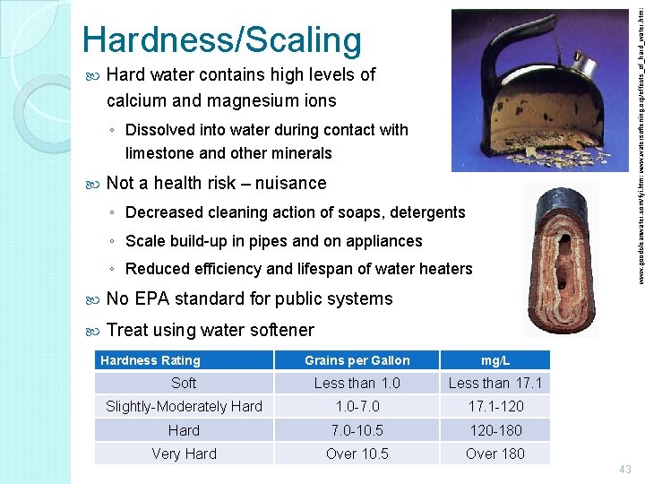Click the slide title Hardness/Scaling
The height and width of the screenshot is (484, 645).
tap(221, 39)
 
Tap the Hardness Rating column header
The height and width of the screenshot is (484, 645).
tap(150, 360)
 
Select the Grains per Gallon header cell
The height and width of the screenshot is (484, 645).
tap(357, 360)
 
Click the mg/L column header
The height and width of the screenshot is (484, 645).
tap(494, 360)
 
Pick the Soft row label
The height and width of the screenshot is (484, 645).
tap(184, 384)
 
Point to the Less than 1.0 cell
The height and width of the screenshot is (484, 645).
tap(357, 384)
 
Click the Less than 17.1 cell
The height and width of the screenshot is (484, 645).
tap(494, 384)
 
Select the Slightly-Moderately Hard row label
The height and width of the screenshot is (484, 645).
tap(184, 407)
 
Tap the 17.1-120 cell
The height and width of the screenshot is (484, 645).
tap(494, 407)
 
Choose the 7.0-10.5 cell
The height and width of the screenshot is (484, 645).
tap(357, 430)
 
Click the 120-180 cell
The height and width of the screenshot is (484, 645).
tap(494, 430)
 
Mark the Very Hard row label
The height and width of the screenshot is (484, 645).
tap(184, 454)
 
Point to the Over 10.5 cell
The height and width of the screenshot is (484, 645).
tap(357, 454)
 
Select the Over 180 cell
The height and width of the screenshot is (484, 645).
tap(494, 454)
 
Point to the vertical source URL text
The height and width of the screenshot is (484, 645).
tap(638, 143)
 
